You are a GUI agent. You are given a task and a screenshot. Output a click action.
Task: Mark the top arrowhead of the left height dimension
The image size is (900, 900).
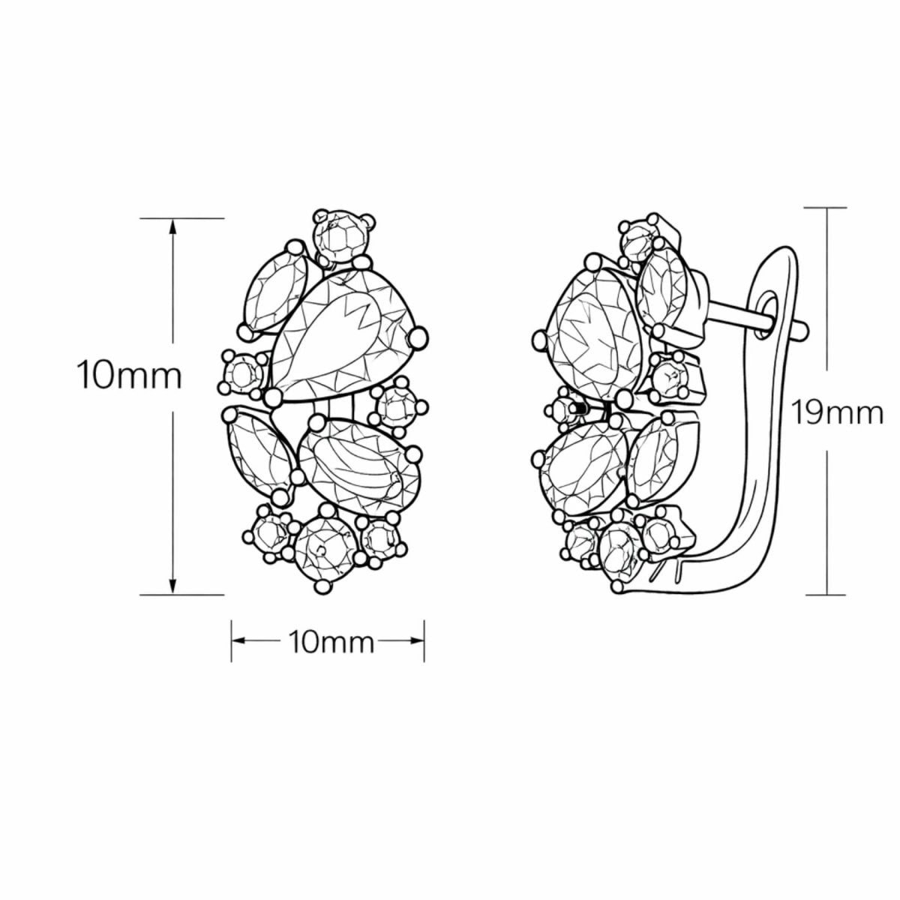coord(173,225)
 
